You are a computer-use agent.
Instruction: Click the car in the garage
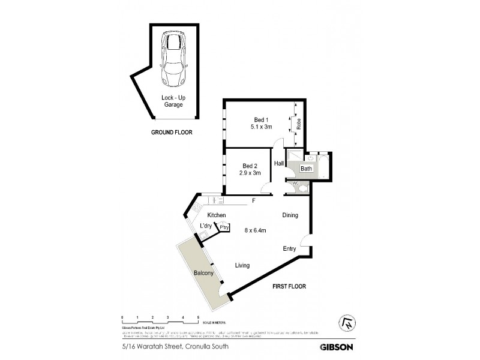pos(174,59)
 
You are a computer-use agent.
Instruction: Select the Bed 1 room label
pos(262,123)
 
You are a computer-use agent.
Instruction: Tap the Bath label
pos(306,169)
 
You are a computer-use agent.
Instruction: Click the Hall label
pos(279,163)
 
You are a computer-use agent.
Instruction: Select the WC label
pos(296,184)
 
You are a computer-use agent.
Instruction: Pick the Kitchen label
pos(216,215)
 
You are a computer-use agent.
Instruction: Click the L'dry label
pos(206,226)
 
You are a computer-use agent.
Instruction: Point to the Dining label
pos(290,215)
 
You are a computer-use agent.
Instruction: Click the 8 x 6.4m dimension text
pos(256,230)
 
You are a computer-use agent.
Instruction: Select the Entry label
pos(291,248)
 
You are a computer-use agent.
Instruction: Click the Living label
pos(242,265)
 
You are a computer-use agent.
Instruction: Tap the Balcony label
pos(204,273)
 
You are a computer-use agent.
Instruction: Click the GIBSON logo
pos(335,346)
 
